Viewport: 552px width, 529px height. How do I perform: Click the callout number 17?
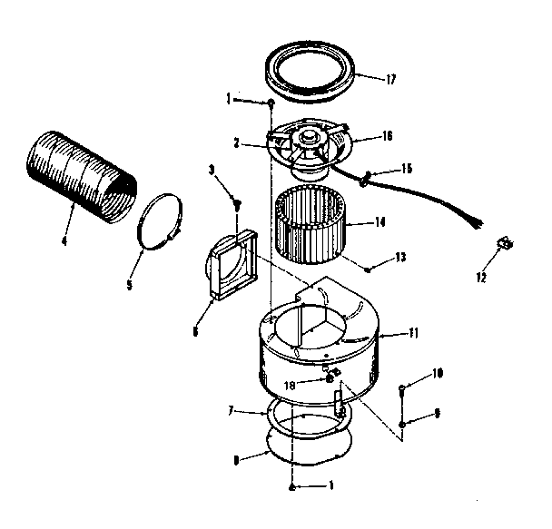(390, 80)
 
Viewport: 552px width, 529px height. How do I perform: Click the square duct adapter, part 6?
(231, 264)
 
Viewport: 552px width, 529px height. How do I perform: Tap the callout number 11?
(414, 334)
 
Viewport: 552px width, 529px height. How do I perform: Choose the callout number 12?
(482, 277)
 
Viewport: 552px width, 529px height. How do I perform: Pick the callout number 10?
(438, 373)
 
